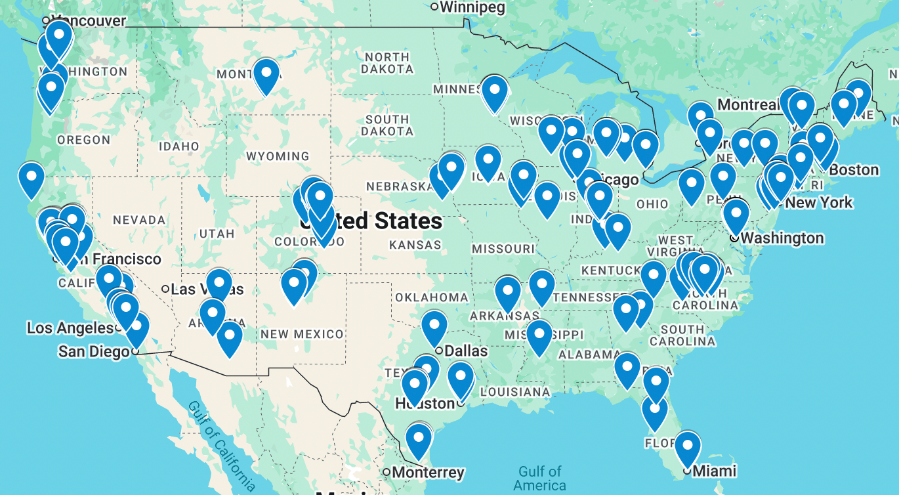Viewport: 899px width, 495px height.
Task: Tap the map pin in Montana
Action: [266, 74]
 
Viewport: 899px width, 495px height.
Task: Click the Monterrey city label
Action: [429, 472]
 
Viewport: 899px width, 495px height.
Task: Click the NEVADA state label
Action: [139, 220]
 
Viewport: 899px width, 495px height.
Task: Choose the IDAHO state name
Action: [178, 146]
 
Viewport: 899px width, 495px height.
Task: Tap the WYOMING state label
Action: [278, 156]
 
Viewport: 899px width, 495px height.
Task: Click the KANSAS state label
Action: [415, 245]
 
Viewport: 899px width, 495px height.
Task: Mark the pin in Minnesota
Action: [494, 93]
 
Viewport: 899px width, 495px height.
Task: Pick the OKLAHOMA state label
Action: [432, 297]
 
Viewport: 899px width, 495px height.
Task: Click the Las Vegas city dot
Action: [165, 289]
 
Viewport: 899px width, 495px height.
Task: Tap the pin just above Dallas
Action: [434, 326]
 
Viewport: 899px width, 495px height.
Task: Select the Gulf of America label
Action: [539, 478]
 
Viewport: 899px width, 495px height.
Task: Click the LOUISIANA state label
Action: [515, 392]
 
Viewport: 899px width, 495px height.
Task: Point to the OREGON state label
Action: [83, 140]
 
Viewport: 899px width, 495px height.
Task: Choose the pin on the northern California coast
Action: [31, 178]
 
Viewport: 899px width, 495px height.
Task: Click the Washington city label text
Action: [782, 238]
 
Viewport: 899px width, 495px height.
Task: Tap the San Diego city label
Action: [94, 351]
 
